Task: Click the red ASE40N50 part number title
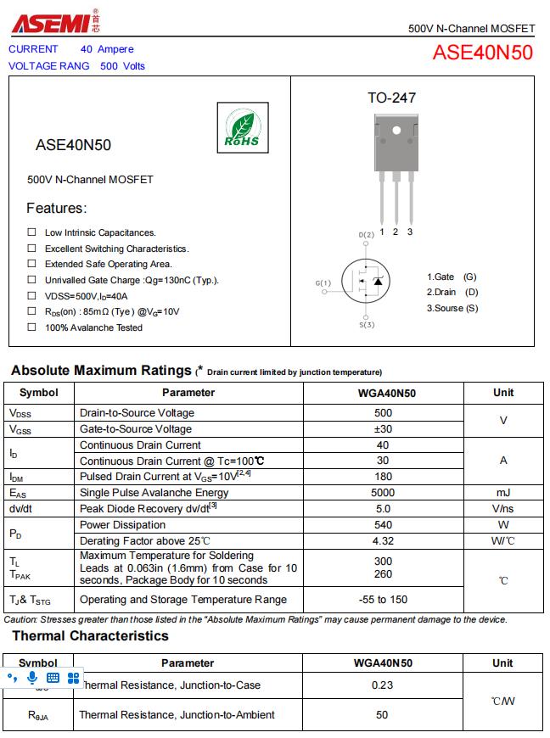tap(482, 53)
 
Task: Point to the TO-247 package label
tap(391, 98)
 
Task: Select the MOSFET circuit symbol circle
tap(366, 281)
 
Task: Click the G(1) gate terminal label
tap(323, 282)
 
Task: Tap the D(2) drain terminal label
tap(366, 235)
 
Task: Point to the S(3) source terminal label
tap(367, 325)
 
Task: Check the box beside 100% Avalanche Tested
tap(31, 327)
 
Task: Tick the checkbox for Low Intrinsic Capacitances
tap(31, 232)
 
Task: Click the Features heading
tap(56, 209)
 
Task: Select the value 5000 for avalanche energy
tap(383, 493)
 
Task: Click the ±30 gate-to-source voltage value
tap(383, 429)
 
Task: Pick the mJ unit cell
tap(503, 493)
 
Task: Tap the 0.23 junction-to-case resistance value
tap(383, 685)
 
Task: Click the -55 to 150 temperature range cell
tap(383, 600)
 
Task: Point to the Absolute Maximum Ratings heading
tap(101, 371)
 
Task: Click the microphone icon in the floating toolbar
tap(32, 678)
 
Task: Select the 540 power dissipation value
tap(383, 525)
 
